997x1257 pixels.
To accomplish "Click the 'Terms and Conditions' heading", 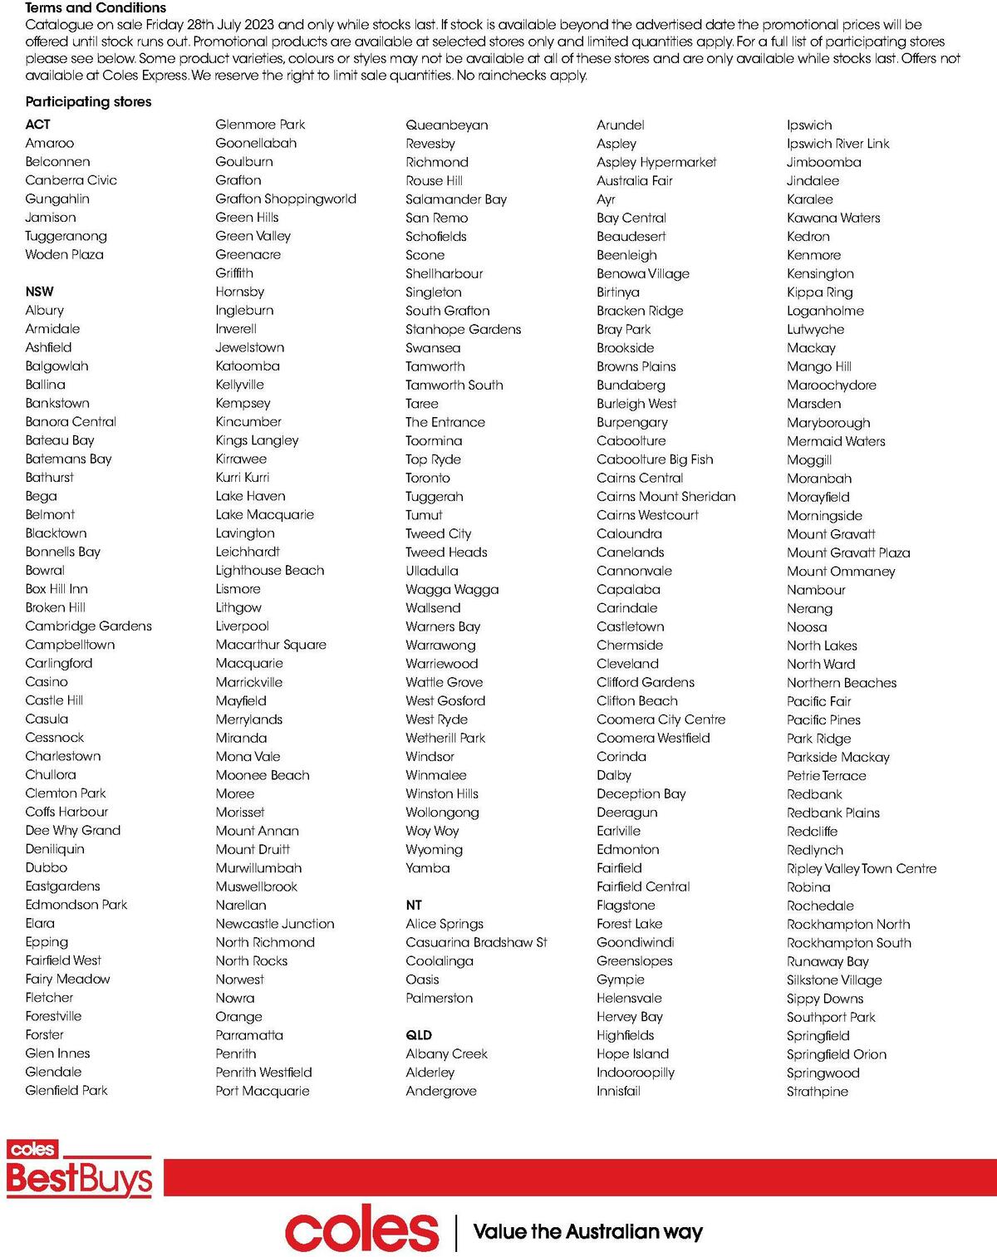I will click(96, 7).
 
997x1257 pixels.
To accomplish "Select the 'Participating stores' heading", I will click(88, 101).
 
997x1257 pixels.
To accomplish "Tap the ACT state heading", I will click(37, 124).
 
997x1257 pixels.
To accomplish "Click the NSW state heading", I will click(39, 292).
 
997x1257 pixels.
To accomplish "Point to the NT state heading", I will click(414, 905).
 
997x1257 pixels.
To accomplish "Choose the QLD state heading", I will click(419, 1035).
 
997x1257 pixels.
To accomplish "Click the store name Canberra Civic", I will click(71, 179).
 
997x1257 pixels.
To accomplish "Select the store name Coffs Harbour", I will click(66, 812).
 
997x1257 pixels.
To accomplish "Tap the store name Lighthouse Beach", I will click(269, 570).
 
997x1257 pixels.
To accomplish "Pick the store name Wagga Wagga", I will click(452, 589).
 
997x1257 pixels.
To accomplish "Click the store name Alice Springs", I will click(444, 923).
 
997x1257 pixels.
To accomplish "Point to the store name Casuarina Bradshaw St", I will click(476, 942).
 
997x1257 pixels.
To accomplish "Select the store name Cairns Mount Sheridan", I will click(665, 496).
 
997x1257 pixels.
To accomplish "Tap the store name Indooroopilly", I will click(635, 1073).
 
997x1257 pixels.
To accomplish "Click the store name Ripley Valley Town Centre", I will click(861, 868).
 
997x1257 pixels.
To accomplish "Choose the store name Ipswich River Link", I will click(837, 143).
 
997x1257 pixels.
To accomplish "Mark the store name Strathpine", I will click(817, 1091).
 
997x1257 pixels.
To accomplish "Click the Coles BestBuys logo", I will click(80, 1170).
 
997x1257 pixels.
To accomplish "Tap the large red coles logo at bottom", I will click(361, 1231).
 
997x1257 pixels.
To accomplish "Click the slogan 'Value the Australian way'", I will click(587, 1231).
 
